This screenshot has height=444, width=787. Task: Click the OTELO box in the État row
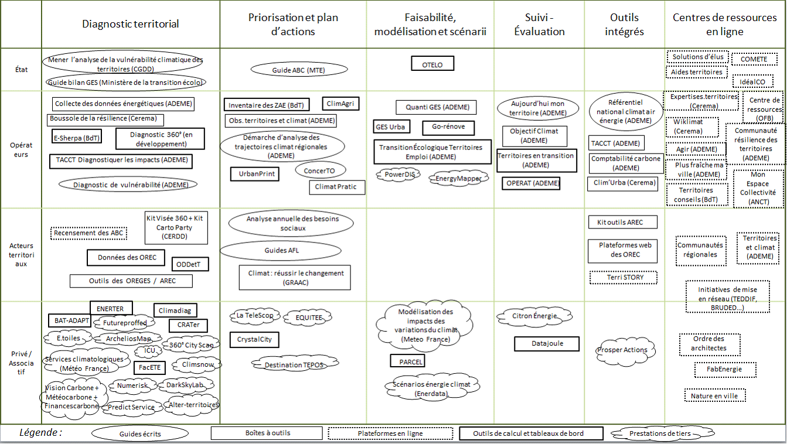432,64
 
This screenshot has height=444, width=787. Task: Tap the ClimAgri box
341,104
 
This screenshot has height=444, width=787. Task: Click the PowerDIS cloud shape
398,174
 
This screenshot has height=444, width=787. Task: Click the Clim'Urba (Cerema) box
622,184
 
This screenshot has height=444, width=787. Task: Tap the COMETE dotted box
753,59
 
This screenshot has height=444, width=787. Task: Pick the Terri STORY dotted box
623,277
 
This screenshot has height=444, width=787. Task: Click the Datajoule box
547,344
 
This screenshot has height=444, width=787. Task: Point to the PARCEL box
407,361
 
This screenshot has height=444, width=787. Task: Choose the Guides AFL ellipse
281,251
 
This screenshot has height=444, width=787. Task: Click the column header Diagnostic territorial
131,24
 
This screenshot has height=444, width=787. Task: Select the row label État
21,69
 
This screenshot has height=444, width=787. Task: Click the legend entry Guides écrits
139,434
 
